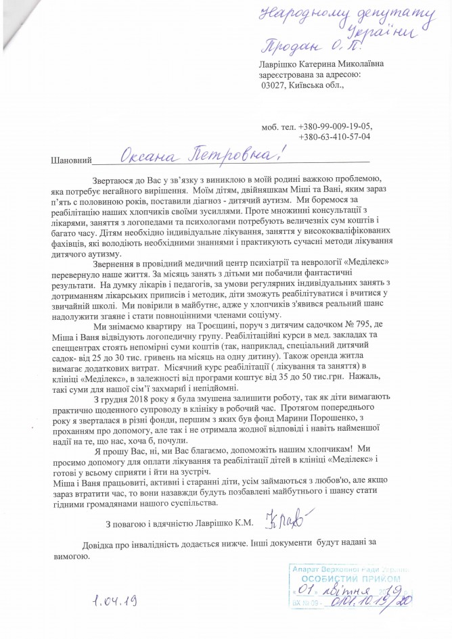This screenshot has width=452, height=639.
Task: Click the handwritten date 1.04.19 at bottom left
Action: [112, 599]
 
